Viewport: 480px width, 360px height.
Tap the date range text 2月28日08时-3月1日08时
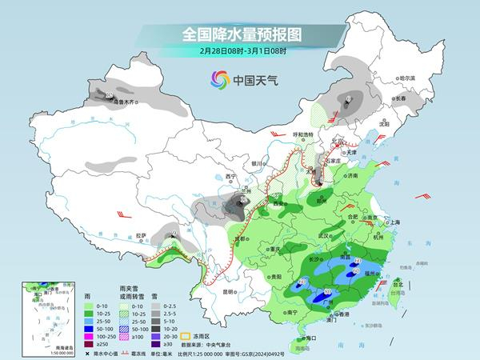point(239,51)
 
